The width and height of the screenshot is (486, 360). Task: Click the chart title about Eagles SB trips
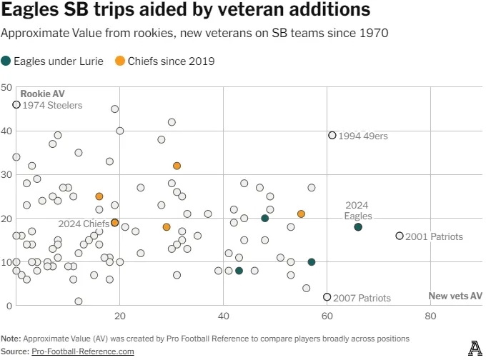pos(186,11)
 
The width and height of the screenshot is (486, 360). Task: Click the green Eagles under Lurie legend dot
pos(6,61)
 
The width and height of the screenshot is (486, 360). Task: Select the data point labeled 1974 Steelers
pos(16,104)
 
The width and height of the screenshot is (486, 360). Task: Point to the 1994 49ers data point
pos(332,135)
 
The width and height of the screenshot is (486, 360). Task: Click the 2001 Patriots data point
pos(400,236)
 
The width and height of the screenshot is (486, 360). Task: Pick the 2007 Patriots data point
pos(327,296)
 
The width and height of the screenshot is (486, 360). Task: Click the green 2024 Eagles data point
pos(358,227)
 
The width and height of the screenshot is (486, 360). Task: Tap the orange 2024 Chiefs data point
pos(115,223)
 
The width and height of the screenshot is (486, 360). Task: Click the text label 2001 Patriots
pos(434,236)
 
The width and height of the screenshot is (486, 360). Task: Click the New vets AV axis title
pos(455,296)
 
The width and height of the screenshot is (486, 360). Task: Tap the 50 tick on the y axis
pos(6,87)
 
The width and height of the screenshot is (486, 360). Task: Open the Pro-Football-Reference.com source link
pos(83,351)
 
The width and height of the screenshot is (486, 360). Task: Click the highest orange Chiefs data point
pos(177,166)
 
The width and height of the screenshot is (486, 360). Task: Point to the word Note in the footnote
pos(11,338)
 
